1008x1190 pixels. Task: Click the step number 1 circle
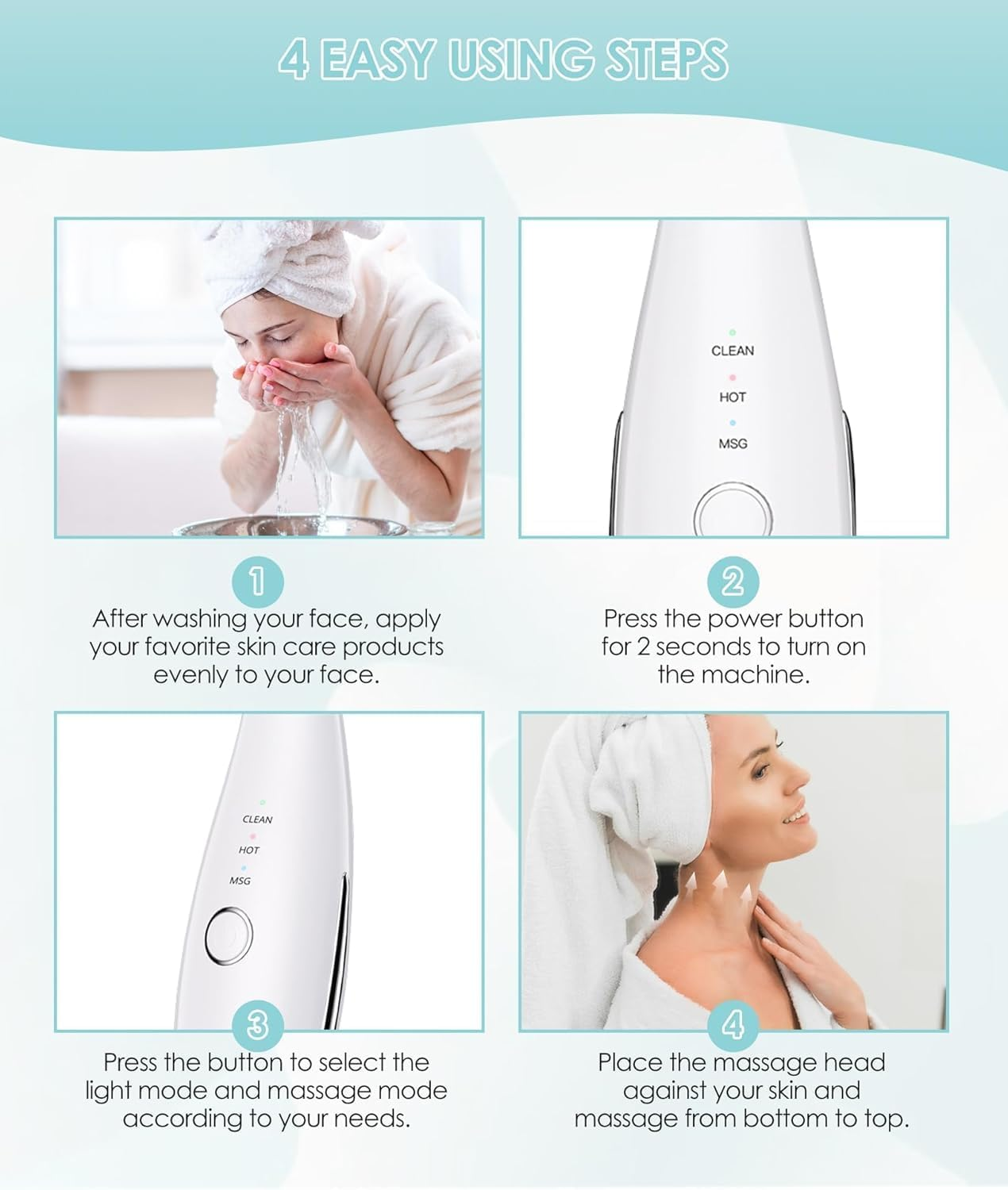click(257, 582)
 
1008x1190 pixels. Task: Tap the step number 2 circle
click(733, 582)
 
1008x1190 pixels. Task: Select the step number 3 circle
click(257, 1026)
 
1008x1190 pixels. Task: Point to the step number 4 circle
click(733, 1026)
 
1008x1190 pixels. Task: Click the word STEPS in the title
click(667, 59)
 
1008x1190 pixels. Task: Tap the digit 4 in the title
click(294, 59)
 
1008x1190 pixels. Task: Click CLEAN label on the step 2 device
click(733, 351)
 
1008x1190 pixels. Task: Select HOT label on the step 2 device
click(733, 397)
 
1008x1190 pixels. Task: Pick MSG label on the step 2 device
click(733, 443)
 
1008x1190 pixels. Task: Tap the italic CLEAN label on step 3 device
click(257, 820)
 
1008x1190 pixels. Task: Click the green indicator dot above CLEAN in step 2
click(733, 332)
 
